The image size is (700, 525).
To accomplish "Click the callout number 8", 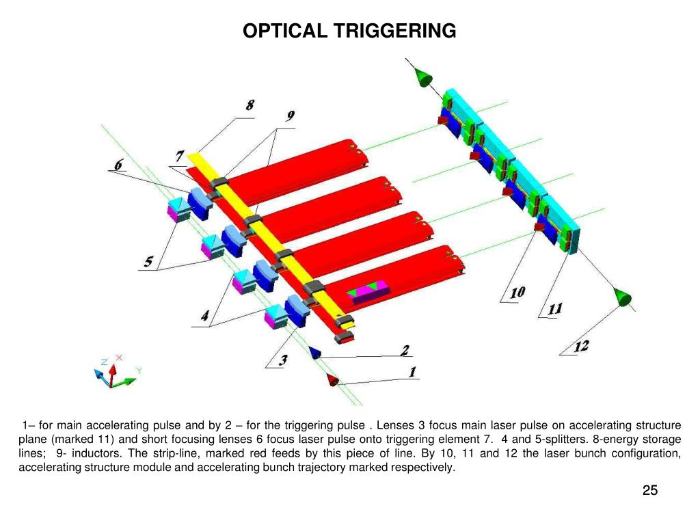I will click(250, 106).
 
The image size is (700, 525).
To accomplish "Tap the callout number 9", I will click(291, 117).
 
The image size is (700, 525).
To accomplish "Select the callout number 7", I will click(179, 157).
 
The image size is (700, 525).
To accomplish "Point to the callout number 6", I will click(118, 165).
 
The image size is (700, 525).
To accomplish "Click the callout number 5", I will click(148, 262).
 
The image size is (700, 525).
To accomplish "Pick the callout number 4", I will click(204, 317).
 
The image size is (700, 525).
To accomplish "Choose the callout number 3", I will click(282, 360).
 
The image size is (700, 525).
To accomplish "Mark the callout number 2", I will click(405, 350).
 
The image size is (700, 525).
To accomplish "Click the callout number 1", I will click(412, 373).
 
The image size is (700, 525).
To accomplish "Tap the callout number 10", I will click(517, 293).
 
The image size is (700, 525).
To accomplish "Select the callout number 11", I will click(554, 309).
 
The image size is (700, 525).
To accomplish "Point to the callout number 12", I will click(580, 347).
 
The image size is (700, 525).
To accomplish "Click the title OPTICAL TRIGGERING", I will click(349, 31).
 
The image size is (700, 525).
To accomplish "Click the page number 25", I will click(650, 489).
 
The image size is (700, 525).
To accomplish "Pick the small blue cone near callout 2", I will click(316, 352).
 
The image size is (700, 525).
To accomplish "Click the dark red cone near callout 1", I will click(333, 380).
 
